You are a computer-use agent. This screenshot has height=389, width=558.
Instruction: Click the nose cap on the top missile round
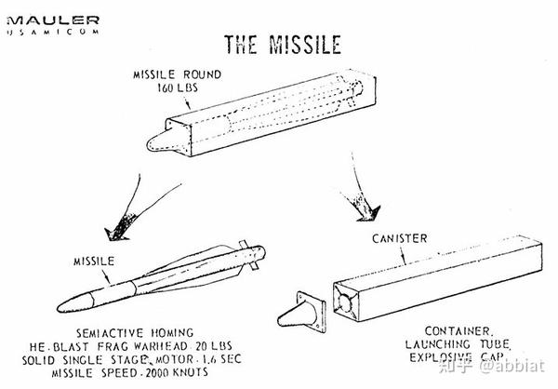160,141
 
